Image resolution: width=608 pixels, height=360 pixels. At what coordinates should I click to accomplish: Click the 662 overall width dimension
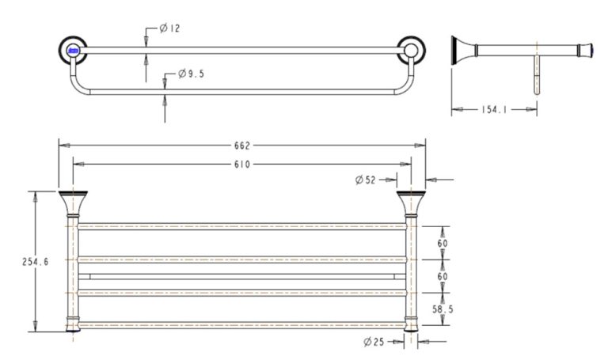pyautogui.click(x=241, y=145)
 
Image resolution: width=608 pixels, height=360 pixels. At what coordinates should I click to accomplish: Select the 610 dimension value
pyautogui.click(x=241, y=165)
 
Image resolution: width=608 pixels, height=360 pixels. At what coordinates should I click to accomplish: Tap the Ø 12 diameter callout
pyautogui.click(x=169, y=28)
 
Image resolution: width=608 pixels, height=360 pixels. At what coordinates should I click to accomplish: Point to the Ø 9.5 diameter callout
pyautogui.click(x=192, y=74)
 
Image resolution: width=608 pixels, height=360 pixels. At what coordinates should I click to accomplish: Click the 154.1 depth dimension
pyautogui.click(x=494, y=110)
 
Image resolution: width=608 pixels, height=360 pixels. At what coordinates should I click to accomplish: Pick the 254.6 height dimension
pyautogui.click(x=36, y=262)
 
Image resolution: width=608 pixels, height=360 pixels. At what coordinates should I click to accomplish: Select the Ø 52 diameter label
pyautogui.click(x=365, y=180)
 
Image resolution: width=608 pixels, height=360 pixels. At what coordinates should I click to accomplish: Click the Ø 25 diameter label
pyautogui.click(x=374, y=342)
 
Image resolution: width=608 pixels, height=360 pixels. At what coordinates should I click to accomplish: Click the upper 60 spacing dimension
pyautogui.click(x=442, y=243)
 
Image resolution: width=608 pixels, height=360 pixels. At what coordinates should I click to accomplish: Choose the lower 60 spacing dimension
pyautogui.click(x=442, y=276)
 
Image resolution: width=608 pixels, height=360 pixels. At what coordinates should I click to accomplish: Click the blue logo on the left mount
pyautogui.click(x=73, y=51)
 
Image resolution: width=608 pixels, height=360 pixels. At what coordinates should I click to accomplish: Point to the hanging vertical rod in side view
pyautogui.click(x=538, y=75)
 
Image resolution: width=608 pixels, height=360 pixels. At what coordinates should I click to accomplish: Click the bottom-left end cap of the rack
pyautogui.click(x=72, y=324)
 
